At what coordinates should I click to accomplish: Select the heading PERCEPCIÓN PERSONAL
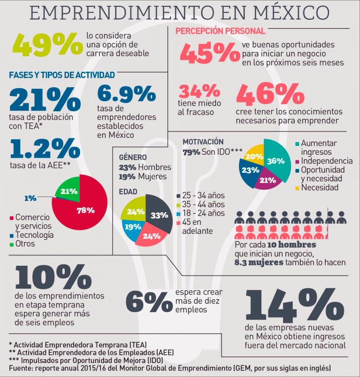click(220, 31)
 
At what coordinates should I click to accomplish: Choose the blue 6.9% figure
click(127, 94)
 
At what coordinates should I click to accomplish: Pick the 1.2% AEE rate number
click(45, 149)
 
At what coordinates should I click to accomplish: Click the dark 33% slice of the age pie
click(158, 216)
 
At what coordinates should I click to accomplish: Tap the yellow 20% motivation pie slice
click(254, 156)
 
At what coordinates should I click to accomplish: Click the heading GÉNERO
click(133, 157)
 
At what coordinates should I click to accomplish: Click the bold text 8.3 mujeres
click(259, 262)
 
